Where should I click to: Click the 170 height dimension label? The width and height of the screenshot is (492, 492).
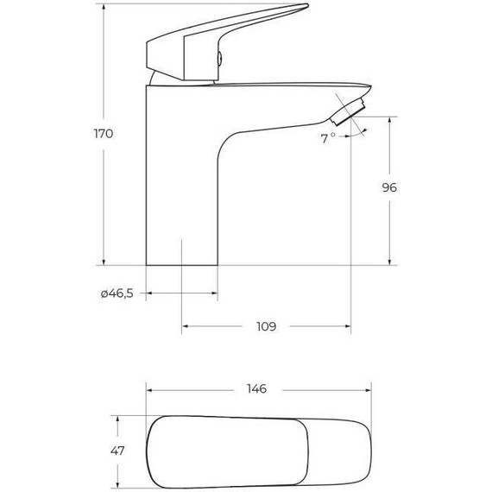click(103, 134)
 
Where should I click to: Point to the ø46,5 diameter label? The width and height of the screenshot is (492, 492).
click(117, 294)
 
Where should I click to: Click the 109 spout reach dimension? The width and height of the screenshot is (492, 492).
click(266, 327)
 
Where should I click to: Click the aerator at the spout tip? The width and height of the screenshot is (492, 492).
click(350, 114)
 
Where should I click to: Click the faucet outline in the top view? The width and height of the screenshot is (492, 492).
click(259, 451)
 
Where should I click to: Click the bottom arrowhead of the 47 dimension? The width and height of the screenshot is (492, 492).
click(117, 483)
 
